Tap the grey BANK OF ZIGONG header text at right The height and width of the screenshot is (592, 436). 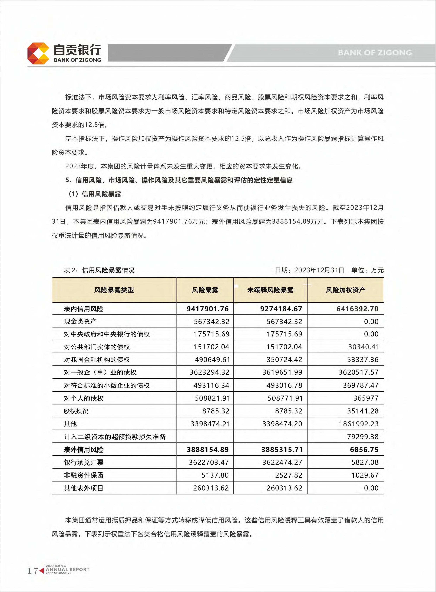(375, 53)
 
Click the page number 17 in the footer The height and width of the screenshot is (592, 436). (33, 571)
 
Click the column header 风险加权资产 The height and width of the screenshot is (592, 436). (345, 290)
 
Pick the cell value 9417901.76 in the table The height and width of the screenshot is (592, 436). (207, 309)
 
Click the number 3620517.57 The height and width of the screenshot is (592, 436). (358, 372)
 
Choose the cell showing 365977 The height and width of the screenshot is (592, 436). (366, 398)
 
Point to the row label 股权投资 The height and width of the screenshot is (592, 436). (76, 411)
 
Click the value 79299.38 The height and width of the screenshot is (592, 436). (363, 437)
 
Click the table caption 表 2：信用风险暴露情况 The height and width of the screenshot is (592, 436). (99, 270)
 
